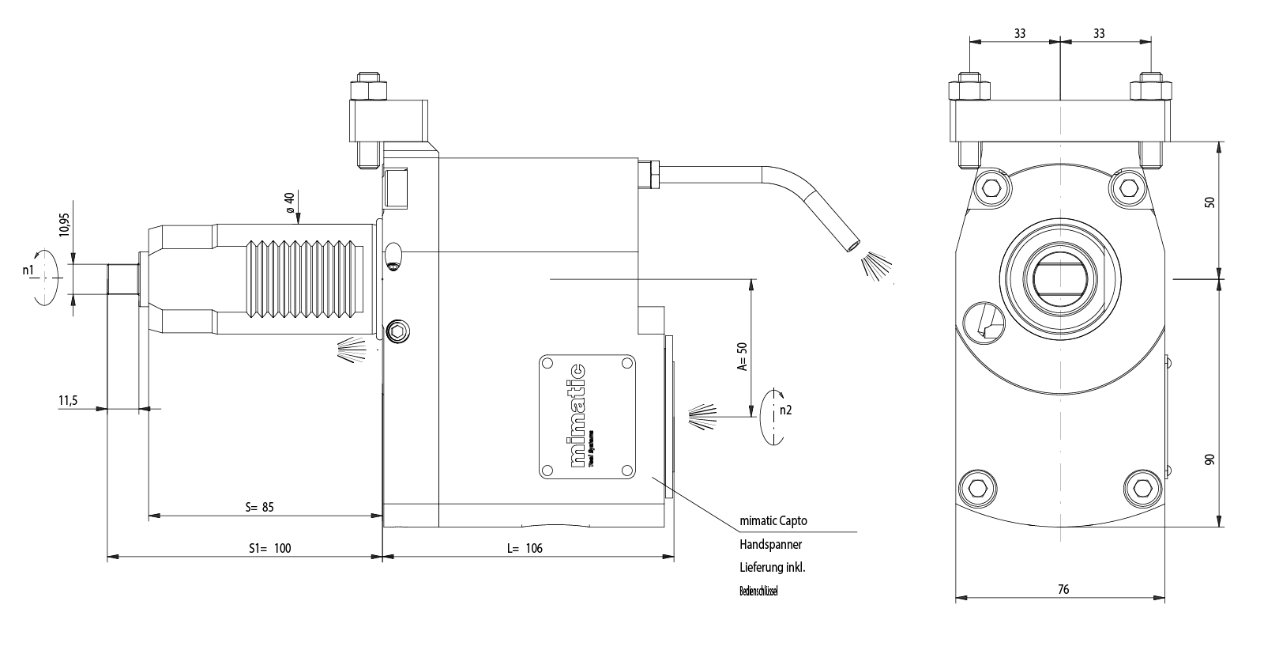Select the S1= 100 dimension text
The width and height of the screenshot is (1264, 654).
click(270, 548)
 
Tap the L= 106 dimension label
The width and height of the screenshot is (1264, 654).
click(525, 548)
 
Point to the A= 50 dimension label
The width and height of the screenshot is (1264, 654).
click(742, 357)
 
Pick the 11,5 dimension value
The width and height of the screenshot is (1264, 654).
click(67, 401)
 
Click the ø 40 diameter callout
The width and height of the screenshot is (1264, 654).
click(290, 202)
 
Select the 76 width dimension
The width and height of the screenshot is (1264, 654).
click(1063, 589)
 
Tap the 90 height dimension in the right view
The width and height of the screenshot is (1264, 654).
click(1209, 459)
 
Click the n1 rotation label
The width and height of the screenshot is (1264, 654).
click(29, 270)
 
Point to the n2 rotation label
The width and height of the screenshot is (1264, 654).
click(784, 410)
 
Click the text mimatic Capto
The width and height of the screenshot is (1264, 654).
click(773, 522)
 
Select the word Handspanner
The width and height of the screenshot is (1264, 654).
click(770, 544)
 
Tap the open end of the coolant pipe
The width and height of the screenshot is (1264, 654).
click(853, 247)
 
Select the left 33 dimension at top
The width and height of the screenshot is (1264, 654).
click(1020, 33)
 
